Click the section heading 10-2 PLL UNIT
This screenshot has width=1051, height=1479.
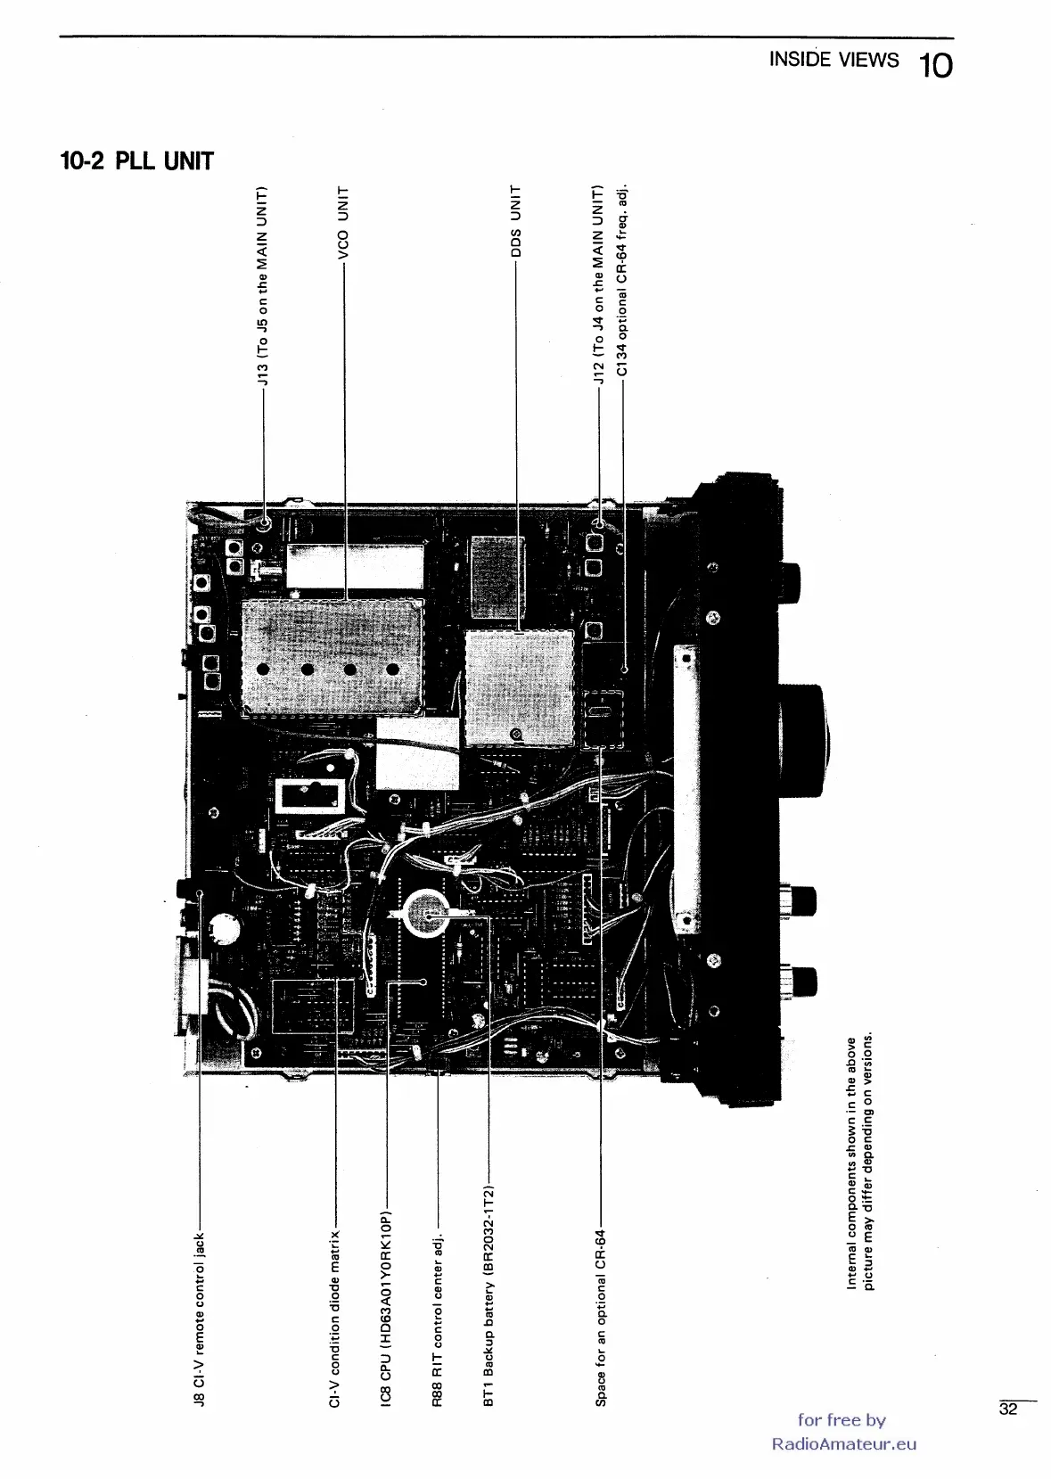point(136,161)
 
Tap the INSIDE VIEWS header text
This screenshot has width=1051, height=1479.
point(833,60)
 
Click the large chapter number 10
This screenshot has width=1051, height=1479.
point(935,66)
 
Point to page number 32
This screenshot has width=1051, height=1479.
point(1008,1409)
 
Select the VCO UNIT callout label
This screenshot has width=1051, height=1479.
point(343,223)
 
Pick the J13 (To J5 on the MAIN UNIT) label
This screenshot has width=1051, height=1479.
point(263,285)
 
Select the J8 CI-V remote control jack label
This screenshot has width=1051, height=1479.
point(200,1319)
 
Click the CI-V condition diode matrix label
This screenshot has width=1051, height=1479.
point(334,1319)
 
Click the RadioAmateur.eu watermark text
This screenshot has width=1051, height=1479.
point(843,1443)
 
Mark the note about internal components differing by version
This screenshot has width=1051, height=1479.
point(859,1163)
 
